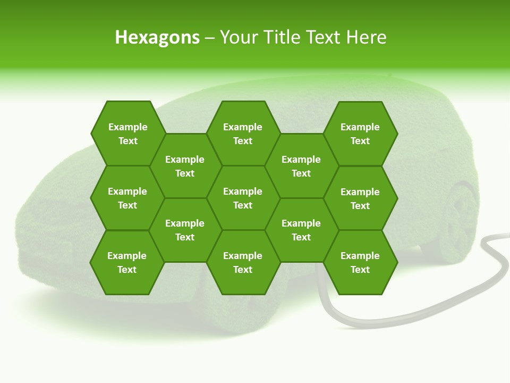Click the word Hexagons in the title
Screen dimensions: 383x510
pos(157,37)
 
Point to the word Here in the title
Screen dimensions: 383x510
pos(367,37)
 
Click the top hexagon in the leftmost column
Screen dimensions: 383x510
pos(127,134)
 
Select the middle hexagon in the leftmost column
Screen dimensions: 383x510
pos(127,198)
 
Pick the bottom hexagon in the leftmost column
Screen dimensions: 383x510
pos(127,262)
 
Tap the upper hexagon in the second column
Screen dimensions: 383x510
pos(185,166)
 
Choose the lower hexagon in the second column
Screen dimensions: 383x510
pos(185,230)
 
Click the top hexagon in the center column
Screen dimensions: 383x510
pos(243,134)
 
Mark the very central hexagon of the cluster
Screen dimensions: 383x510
pos(243,198)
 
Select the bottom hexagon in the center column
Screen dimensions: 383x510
pos(243,262)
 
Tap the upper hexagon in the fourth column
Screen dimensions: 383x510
pos(301,166)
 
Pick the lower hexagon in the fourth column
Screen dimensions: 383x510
pos(301,230)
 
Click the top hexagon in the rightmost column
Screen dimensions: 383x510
pos(360,134)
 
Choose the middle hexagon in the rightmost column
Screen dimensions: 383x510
pos(360,198)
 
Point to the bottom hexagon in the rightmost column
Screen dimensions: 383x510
pos(360,262)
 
